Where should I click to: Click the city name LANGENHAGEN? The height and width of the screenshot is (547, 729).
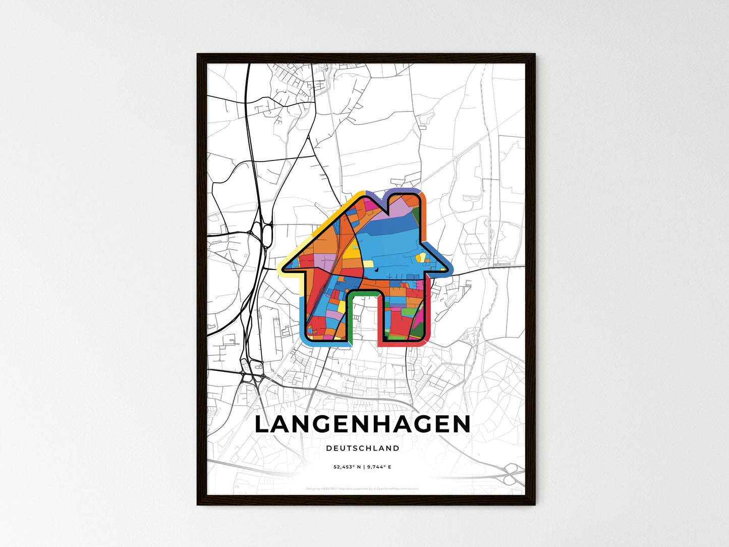tap(362, 424)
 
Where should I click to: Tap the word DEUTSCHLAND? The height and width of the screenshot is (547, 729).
tap(362, 448)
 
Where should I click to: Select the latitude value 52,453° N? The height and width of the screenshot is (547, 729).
tap(346, 467)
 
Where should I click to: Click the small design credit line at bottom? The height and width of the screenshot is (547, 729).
tap(362, 488)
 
